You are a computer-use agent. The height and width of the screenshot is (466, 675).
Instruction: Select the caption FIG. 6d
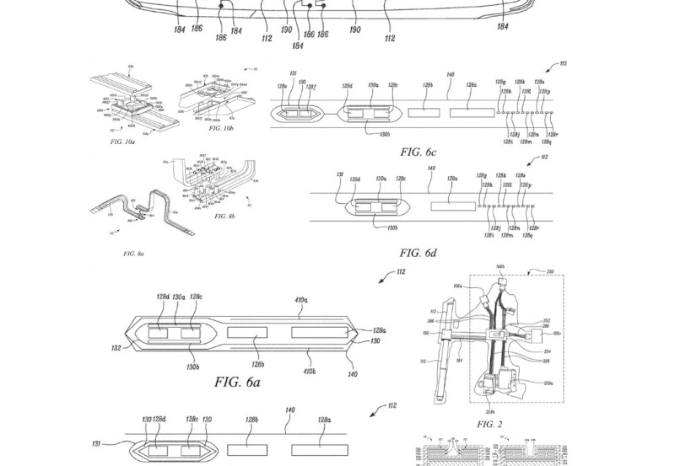[x=422, y=252]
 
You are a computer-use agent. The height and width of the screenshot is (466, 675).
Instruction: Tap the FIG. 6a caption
[x=237, y=382]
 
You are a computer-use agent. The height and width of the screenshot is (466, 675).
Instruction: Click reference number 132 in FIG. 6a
[x=116, y=347]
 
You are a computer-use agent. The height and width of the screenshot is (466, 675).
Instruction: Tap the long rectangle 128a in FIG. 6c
[x=472, y=111]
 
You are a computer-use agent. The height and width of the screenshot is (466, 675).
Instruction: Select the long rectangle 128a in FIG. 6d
[x=452, y=205]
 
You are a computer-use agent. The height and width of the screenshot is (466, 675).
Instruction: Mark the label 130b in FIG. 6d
[x=392, y=228]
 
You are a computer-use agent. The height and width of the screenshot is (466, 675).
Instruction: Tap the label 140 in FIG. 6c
[x=451, y=76]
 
